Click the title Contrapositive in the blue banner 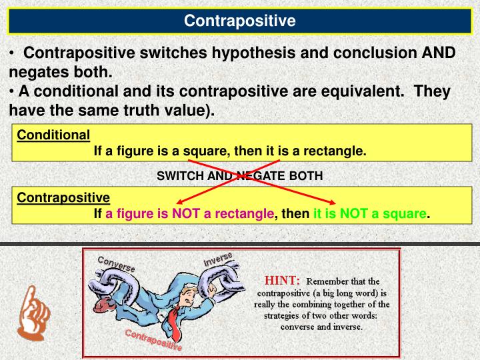[239, 21]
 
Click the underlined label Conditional [53, 135]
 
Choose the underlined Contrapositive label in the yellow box [63, 197]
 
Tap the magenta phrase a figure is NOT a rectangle [190, 214]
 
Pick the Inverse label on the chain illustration [219, 259]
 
